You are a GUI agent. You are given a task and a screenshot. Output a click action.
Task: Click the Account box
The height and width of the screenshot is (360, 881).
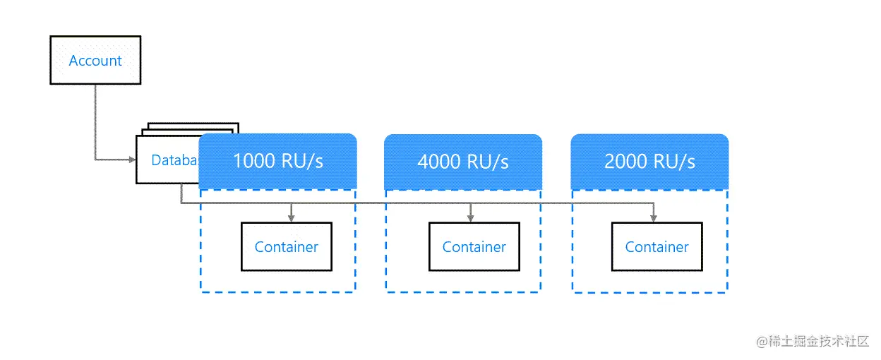pyautogui.click(x=95, y=61)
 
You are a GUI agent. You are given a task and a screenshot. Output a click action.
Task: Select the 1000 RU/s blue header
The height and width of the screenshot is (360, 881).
pyautogui.click(x=278, y=162)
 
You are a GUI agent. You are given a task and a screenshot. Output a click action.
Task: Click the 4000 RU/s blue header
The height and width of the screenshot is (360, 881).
pyautogui.click(x=463, y=162)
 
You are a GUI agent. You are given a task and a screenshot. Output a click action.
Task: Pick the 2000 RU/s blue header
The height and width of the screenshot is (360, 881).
pyautogui.click(x=649, y=162)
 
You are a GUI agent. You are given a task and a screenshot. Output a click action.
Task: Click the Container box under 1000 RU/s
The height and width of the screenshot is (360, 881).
pyautogui.click(x=287, y=247)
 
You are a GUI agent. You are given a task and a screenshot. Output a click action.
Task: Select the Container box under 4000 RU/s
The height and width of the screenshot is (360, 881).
pyautogui.click(x=474, y=247)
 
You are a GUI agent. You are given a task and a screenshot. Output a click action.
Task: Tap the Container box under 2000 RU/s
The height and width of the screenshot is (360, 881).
pyautogui.click(x=657, y=247)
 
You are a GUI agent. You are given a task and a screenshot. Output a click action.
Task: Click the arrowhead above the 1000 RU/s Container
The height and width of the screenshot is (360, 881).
pyautogui.click(x=292, y=217)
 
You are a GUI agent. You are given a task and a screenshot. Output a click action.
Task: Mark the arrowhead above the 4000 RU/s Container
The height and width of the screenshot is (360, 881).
pyautogui.click(x=470, y=217)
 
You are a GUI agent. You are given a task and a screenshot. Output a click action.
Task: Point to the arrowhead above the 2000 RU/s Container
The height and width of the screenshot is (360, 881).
pyautogui.click(x=653, y=217)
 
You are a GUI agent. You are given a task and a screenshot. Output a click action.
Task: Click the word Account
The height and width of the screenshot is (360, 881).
pyautogui.click(x=95, y=61)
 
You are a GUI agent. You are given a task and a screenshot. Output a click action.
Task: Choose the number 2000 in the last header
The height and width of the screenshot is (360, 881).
pyautogui.click(x=625, y=162)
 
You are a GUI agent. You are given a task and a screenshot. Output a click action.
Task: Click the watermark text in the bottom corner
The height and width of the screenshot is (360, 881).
pyautogui.click(x=813, y=342)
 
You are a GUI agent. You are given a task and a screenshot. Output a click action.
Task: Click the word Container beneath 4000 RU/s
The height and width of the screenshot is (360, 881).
pyautogui.click(x=474, y=247)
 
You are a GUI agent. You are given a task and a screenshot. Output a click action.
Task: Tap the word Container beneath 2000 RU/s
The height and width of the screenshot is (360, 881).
pyautogui.click(x=657, y=247)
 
